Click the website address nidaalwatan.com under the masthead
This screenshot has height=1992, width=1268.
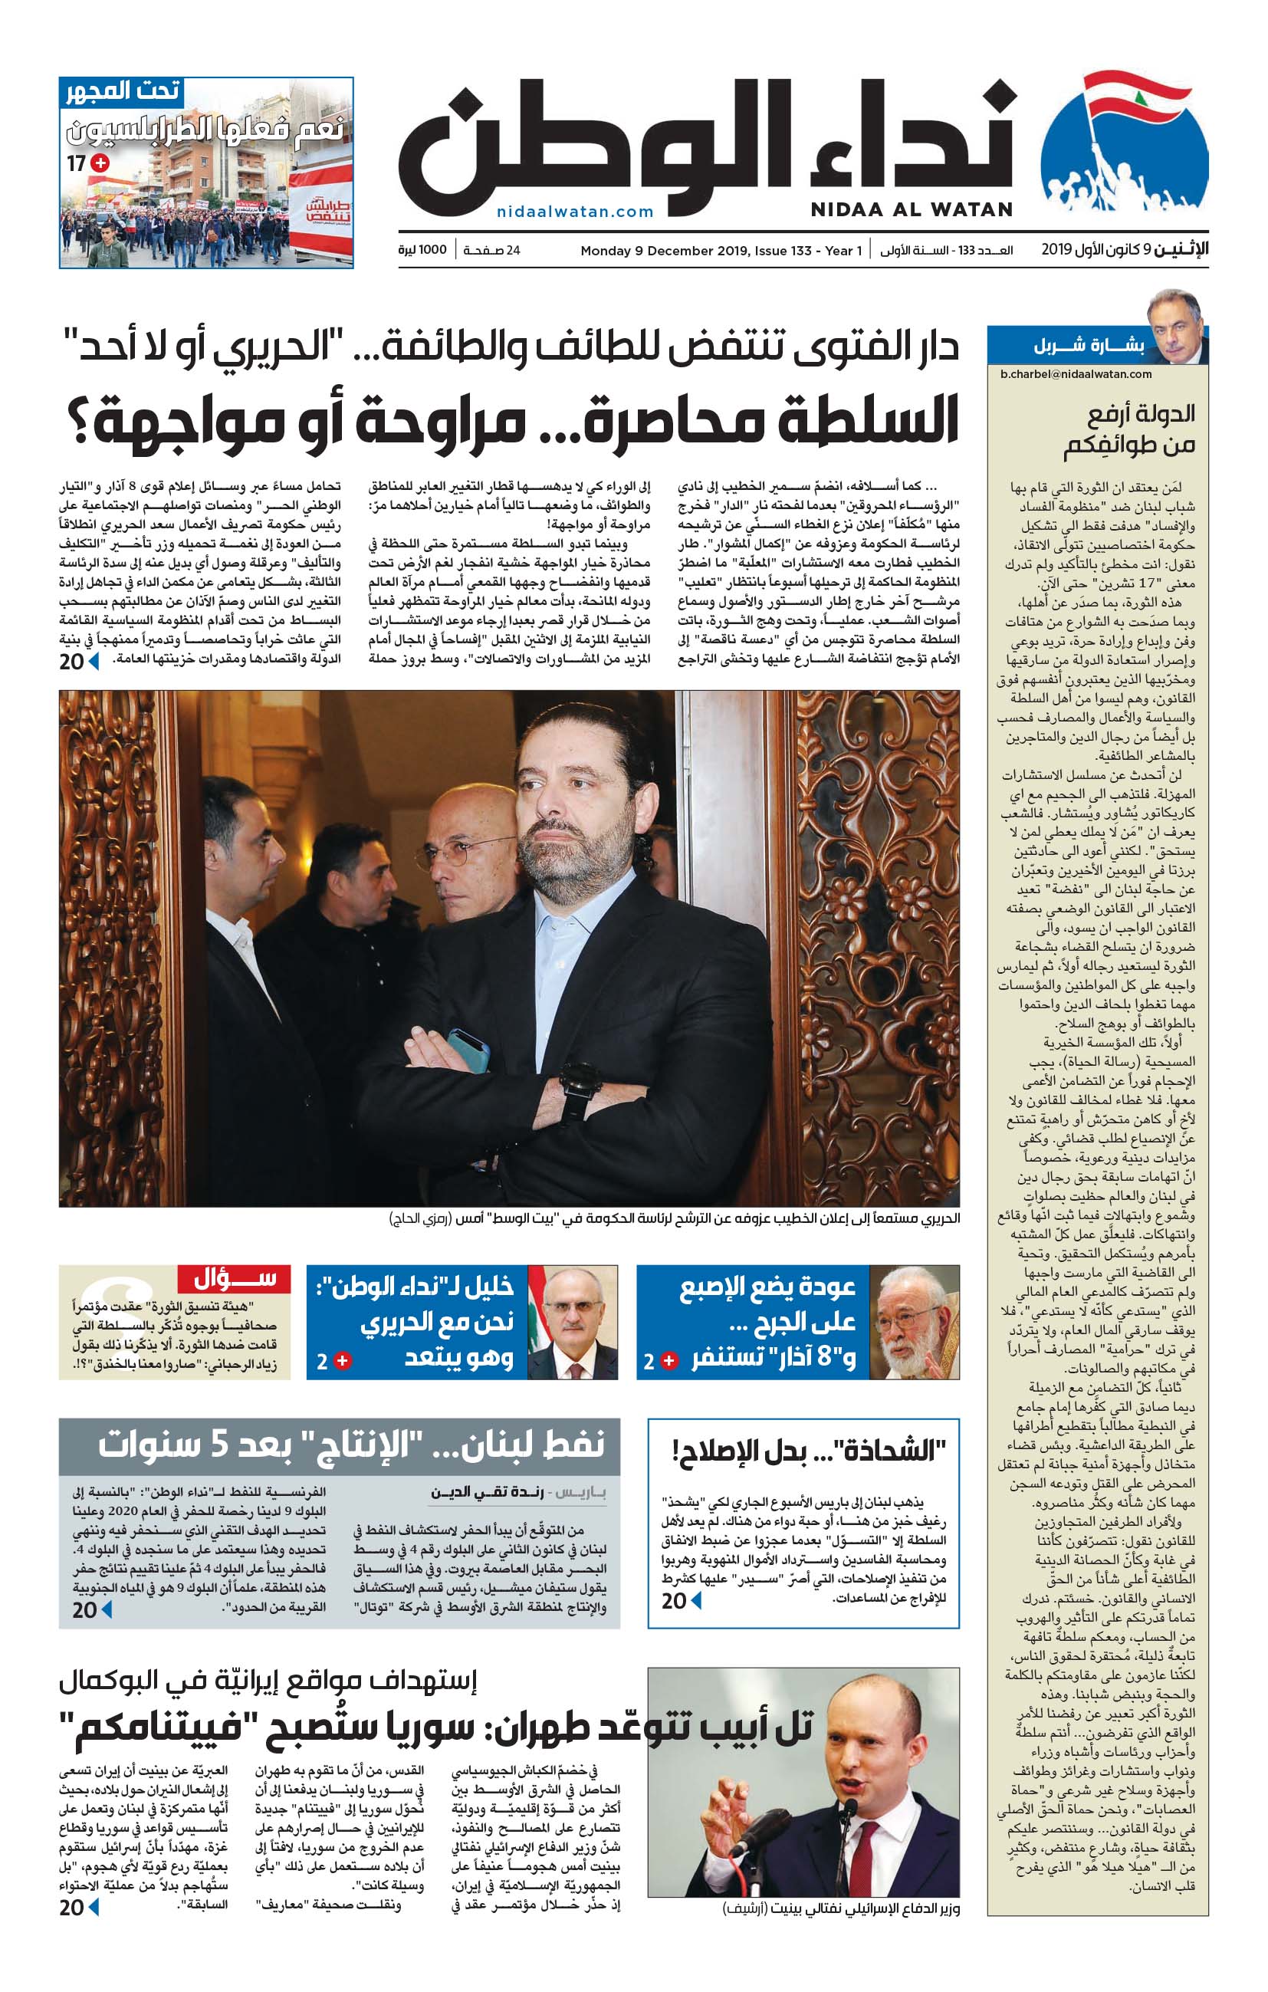click(575, 212)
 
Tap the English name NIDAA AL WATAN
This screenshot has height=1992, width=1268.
click(911, 209)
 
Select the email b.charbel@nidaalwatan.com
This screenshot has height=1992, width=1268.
click(1076, 374)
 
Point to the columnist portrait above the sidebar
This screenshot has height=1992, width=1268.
click(1176, 325)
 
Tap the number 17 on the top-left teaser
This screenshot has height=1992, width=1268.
click(76, 163)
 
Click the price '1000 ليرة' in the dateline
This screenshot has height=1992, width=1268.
click(422, 250)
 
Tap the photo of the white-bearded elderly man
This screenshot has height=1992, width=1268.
click(913, 1323)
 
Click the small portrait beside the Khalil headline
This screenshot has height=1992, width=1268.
click(572, 1323)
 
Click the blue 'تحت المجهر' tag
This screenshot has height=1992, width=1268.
click(122, 90)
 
